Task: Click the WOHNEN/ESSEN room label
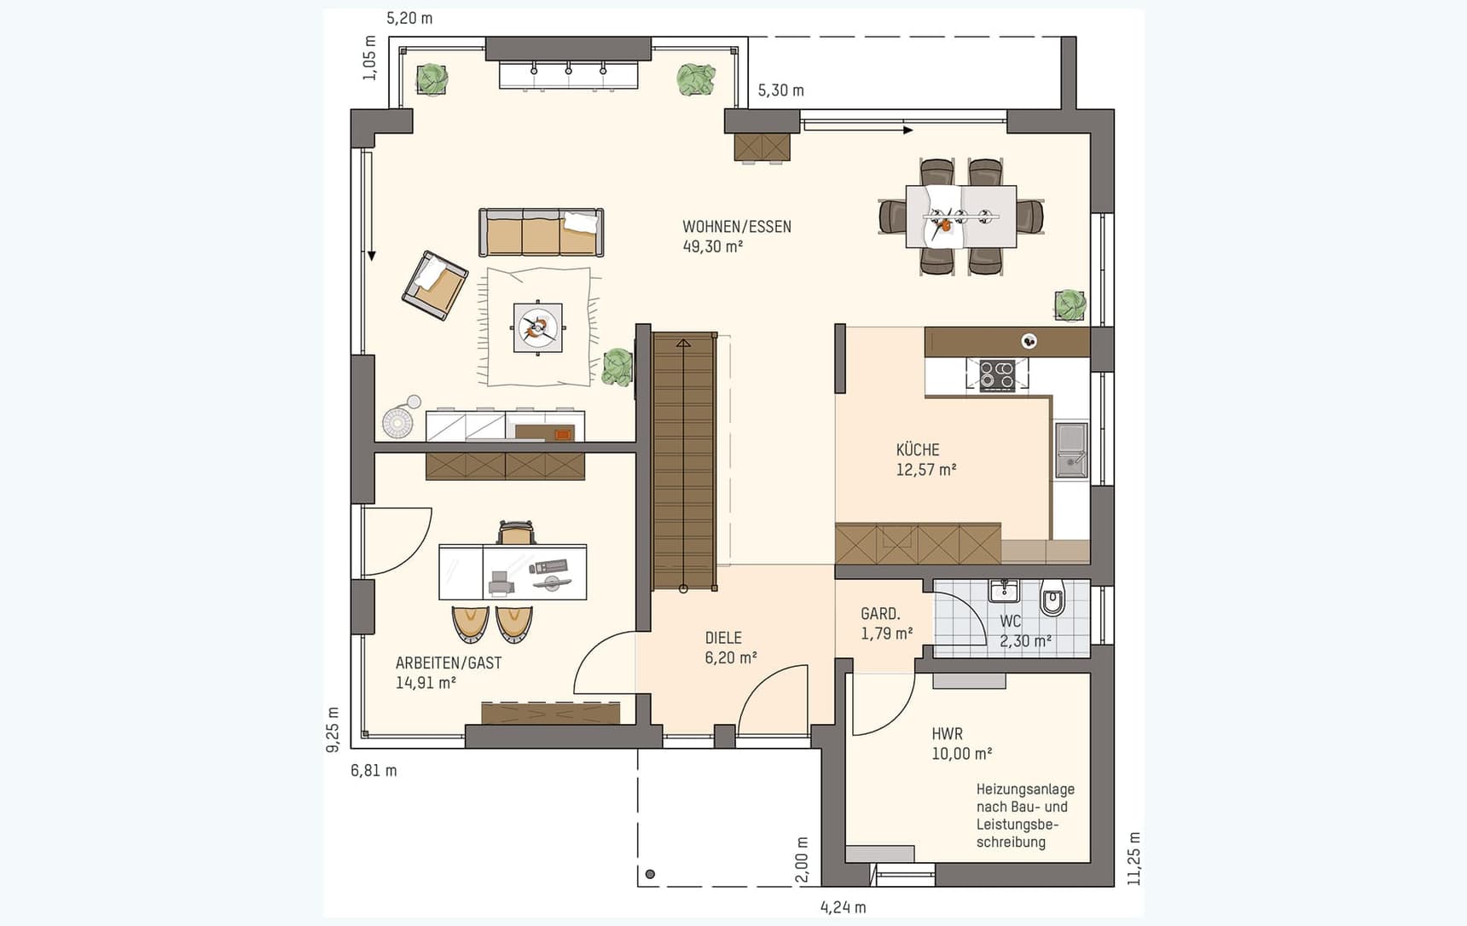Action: (x=736, y=228)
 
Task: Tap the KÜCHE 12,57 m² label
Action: (x=925, y=460)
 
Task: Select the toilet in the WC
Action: (x=1052, y=598)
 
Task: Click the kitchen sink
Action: (x=1070, y=449)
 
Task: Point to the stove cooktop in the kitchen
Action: (x=996, y=374)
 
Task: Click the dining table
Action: (x=960, y=217)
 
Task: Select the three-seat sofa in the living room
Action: (x=541, y=233)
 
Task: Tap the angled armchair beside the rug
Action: (x=435, y=285)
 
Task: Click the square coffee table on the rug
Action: (x=537, y=327)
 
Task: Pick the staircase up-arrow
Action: (x=683, y=343)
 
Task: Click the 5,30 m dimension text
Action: (x=780, y=90)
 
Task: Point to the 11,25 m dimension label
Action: (x=1134, y=859)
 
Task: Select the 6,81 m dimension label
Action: (x=374, y=771)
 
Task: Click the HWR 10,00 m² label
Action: (x=960, y=744)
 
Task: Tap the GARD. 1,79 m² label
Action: (x=885, y=623)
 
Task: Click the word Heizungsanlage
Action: (x=1024, y=790)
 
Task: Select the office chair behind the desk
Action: (x=516, y=533)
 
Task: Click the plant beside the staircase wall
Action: (x=617, y=368)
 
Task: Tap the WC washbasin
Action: (x=1004, y=590)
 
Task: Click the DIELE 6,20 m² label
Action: (x=730, y=648)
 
